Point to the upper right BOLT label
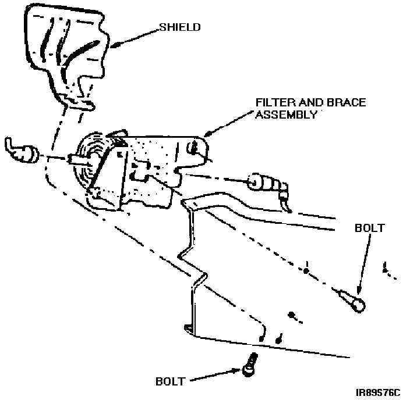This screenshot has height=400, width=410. pos(369,228)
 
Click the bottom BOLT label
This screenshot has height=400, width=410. pos(171,382)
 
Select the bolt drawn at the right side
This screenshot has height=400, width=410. pos(354,301)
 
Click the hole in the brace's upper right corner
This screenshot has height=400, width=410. pos(196,148)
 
